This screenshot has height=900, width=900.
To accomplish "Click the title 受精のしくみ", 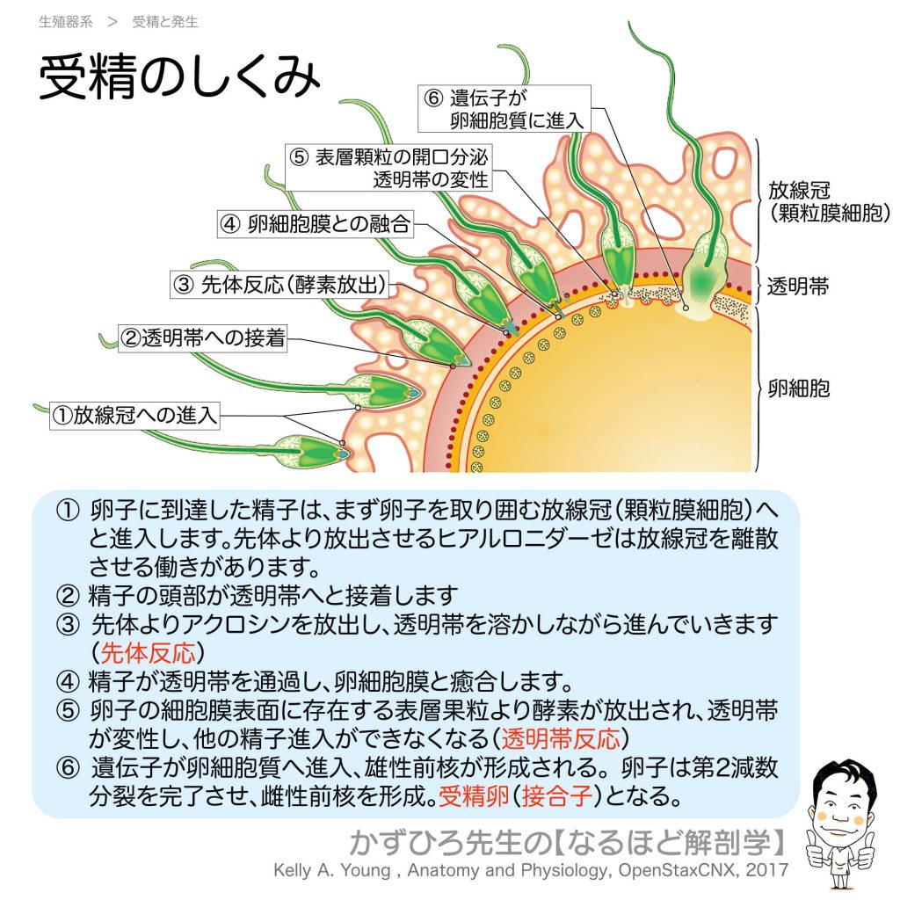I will coord(179,80).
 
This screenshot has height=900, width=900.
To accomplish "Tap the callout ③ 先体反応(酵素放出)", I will coord(281,283).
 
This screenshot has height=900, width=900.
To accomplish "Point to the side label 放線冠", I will coord(802,190).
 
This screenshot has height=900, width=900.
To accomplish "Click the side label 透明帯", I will coord(796,287).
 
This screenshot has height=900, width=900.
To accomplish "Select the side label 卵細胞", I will coord(796,388).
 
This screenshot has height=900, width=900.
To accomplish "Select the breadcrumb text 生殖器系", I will coord(66,22).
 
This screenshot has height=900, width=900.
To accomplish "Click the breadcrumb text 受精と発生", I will coord(165,22).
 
